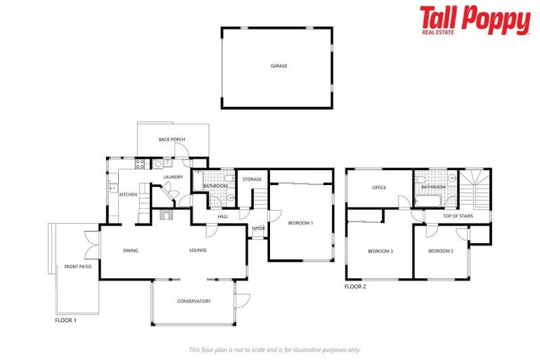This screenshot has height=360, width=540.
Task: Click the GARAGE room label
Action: [x=279, y=66]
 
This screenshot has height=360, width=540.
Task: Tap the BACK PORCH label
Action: [x=172, y=140]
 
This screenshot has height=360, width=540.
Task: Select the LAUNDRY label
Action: [x=173, y=176]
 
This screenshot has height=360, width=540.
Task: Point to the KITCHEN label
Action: [x=127, y=194]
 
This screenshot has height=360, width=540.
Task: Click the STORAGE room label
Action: [x=252, y=179]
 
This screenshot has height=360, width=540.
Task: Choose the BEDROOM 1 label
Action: [x=300, y=223]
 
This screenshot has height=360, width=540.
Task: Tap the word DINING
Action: [x=130, y=250]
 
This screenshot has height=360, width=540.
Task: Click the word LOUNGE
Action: [x=197, y=250]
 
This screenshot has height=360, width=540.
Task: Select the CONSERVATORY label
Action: [x=193, y=302]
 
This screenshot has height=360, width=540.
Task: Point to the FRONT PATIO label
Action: [x=78, y=266]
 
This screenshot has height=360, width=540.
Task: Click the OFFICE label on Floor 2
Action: [x=380, y=187]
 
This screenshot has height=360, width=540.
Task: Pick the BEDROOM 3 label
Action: [x=380, y=251]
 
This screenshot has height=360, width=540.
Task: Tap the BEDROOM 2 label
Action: [x=441, y=251]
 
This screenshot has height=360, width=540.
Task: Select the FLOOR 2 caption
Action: [x=355, y=287]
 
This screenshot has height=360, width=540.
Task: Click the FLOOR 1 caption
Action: [x=65, y=320]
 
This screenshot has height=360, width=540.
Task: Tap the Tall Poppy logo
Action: [x=475, y=20]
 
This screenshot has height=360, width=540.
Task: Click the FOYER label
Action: [x=259, y=228]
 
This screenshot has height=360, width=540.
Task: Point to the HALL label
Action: [x=223, y=217]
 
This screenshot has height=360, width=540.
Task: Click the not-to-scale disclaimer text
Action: [x=274, y=349]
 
